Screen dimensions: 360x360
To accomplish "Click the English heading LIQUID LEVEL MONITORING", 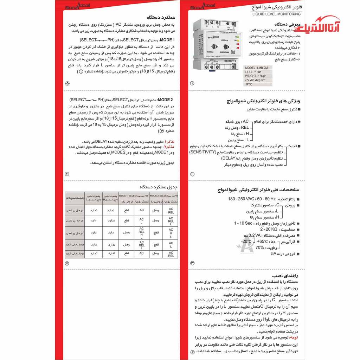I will coord(276,14).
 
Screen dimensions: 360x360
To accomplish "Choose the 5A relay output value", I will coord(274,253).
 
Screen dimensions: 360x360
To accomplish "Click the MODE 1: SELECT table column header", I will coord(133,195).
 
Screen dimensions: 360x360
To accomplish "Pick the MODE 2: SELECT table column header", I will coord(162,195).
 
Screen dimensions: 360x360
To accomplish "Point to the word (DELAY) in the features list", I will coord(229,158).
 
